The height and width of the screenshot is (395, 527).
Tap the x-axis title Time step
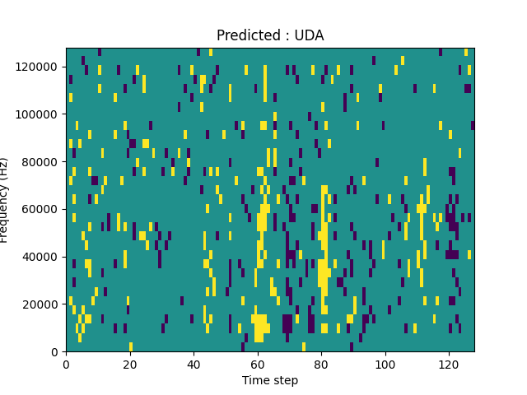[x=270, y=380]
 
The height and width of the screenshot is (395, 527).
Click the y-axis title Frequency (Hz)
[x=6, y=200]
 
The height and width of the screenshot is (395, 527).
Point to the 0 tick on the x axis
[x=66, y=364]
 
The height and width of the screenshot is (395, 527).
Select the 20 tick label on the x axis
[x=129, y=364]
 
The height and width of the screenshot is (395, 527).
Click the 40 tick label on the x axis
[x=194, y=364]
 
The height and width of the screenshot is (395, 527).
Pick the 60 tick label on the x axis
[x=257, y=364]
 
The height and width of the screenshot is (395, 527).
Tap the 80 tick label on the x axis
[x=321, y=364]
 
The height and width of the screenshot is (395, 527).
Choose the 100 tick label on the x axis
[x=385, y=364]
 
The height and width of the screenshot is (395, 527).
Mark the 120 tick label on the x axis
[x=449, y=364]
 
